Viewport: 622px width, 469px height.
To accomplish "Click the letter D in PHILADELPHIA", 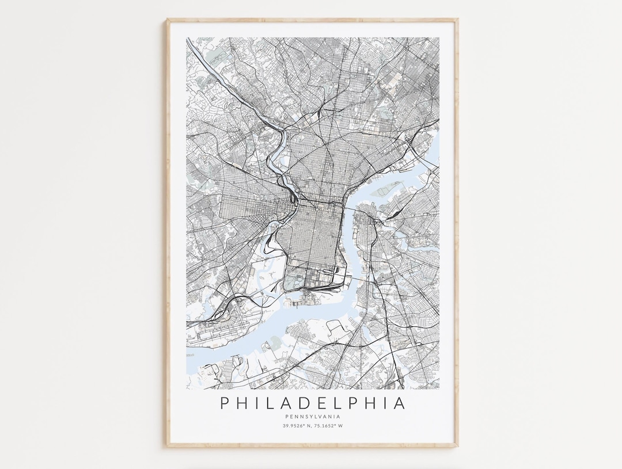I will pyautogui.click(x=304, y=403).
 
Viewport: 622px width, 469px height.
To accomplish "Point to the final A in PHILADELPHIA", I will pyautogui.click(x=399, y=403).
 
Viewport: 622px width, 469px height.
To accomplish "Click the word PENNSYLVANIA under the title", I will pyautogui.click(x=313, y=417).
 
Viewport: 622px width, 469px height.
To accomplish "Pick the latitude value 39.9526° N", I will pyautogui.click(x=295, y=426).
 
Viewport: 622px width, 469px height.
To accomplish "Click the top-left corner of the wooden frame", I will pyautogui.click(x=168, y=20).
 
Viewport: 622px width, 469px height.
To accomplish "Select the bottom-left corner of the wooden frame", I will pyautogui.click(x=168, y=447).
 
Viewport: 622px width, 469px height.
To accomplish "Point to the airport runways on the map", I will pyautogui.click(x=213, y=334).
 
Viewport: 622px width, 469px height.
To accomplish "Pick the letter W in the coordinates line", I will pyautogui.click(x=341, y=426).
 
